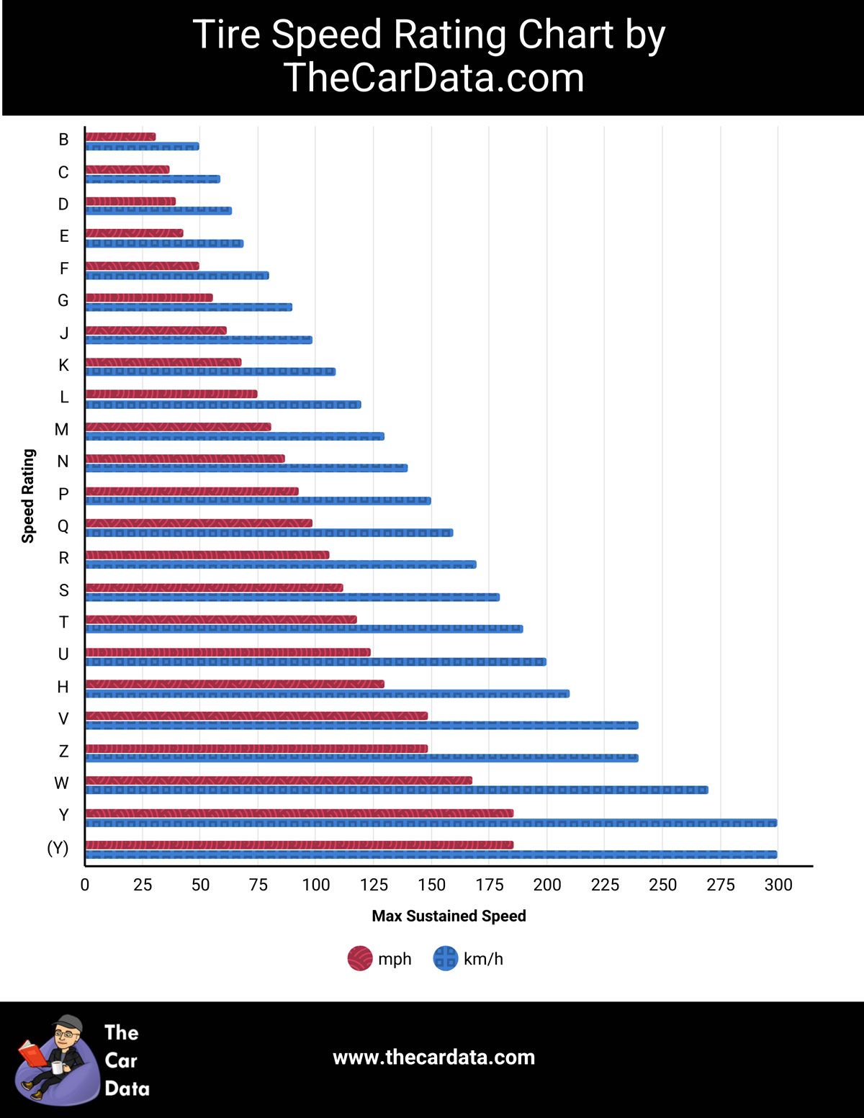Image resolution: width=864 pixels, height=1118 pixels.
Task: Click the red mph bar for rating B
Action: (x=120, y=137)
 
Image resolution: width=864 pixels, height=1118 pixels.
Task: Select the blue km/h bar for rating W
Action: (x=396, y=790)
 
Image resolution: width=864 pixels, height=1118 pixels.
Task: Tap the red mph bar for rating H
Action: (x=234, y=684)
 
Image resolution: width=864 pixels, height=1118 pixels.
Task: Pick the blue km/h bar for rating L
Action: (x=223, y=405)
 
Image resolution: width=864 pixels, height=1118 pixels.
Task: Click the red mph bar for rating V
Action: (x=256, y=716)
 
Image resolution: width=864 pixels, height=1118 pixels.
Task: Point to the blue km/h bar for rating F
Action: (x=176, y=276)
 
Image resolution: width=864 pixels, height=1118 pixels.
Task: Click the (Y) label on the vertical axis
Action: (x=58, y=847)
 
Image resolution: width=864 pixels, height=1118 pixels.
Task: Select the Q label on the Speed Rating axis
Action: (x=63, y=526)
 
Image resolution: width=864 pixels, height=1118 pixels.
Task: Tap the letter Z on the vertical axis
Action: (x=63, y=751)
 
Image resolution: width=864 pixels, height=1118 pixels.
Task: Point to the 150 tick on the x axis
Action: (x=431, y=885)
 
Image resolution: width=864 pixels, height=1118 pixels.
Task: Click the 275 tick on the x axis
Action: (x=720, y=885)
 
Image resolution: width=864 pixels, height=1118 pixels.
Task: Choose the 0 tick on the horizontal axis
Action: (x=85, y=885)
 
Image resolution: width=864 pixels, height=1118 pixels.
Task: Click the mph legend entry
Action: (x=379, y=959)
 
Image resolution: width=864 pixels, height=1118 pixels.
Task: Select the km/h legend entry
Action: (x=468, y=959)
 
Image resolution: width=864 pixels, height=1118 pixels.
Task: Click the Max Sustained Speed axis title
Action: (x=449, y=916)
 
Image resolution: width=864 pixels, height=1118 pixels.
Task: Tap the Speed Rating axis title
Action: (x=28, y=495)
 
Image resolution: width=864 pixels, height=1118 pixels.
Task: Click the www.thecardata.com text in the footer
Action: (x=433, y=1057)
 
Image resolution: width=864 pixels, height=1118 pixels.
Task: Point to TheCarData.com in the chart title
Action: (x=433, y=78)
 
